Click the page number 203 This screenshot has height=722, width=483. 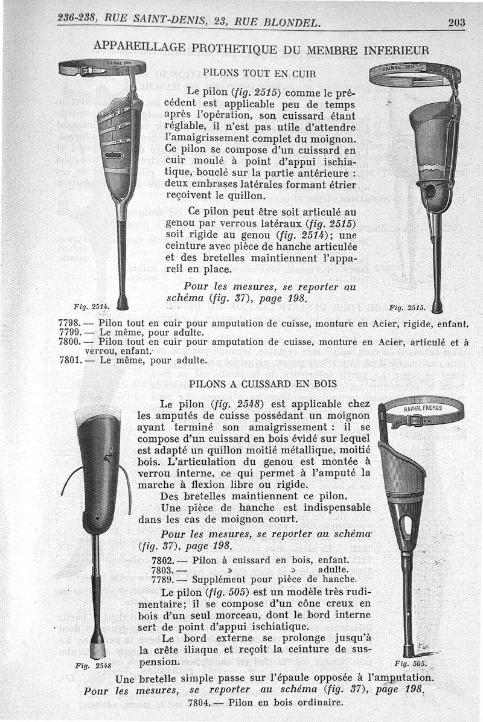tap(456, 23)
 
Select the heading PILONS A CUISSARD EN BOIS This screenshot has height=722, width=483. tap(256, 383)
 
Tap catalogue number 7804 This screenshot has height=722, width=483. tap(199, 702)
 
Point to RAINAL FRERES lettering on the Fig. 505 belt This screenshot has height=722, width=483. tap(423, 409)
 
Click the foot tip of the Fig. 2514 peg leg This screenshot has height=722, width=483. tap(123, 302)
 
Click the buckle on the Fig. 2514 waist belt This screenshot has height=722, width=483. tap(89, 71)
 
